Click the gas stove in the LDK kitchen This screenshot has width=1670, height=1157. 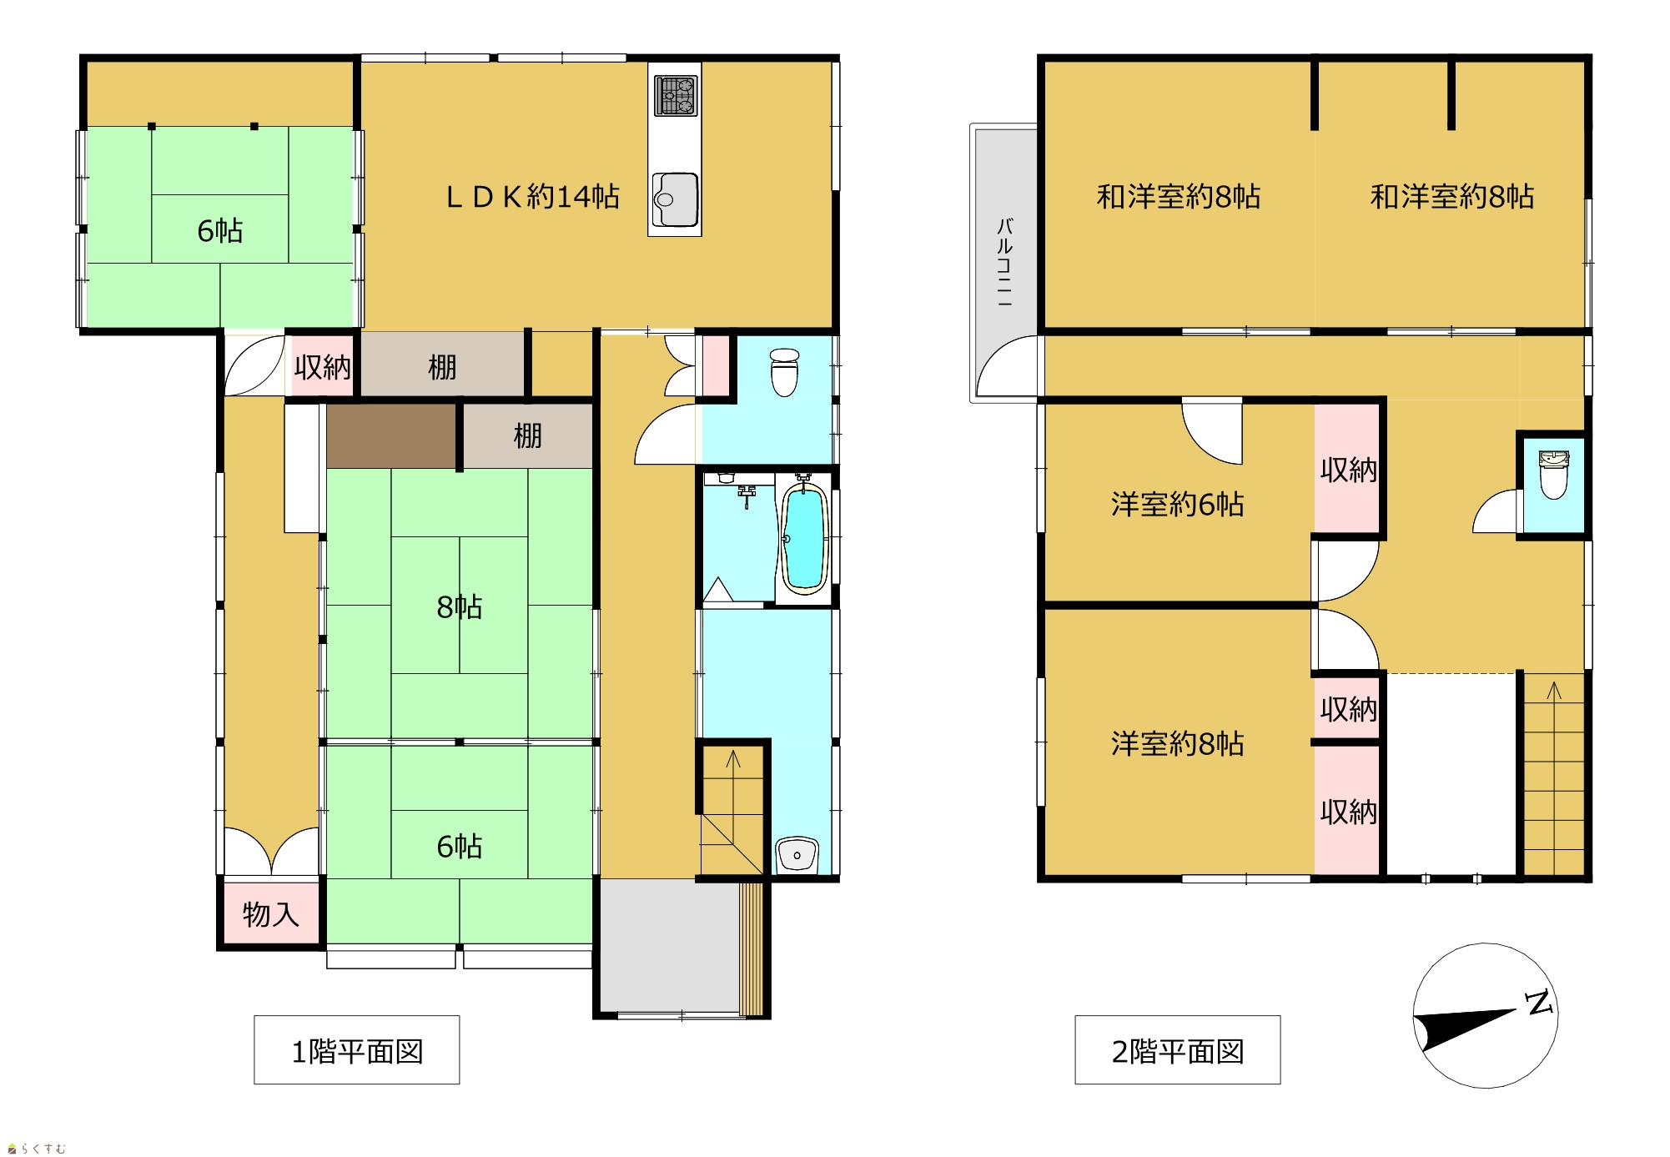(676, 95)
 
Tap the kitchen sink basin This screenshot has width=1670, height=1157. (675, 199)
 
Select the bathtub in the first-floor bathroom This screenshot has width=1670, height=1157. (803, 538)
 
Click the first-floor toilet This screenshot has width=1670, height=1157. (784, 372)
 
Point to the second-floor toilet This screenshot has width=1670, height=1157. (1553, 474)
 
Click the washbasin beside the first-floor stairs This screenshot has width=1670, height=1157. (797, 855)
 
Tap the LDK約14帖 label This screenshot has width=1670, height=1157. (533, 197)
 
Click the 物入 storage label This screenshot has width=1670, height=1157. (270, 914)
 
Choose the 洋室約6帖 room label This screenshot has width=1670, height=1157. (1177, 504)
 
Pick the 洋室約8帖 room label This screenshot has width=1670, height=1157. (1177, 743)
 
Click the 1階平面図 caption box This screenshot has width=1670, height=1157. (357, 1050)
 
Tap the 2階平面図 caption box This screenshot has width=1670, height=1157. (1178, 1050)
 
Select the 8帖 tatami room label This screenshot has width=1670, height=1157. (460, 606)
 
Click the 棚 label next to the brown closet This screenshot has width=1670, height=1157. (527, 435)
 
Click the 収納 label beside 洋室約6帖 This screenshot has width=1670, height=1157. (1348, 470)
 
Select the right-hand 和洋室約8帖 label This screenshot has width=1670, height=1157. (1452, 197)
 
